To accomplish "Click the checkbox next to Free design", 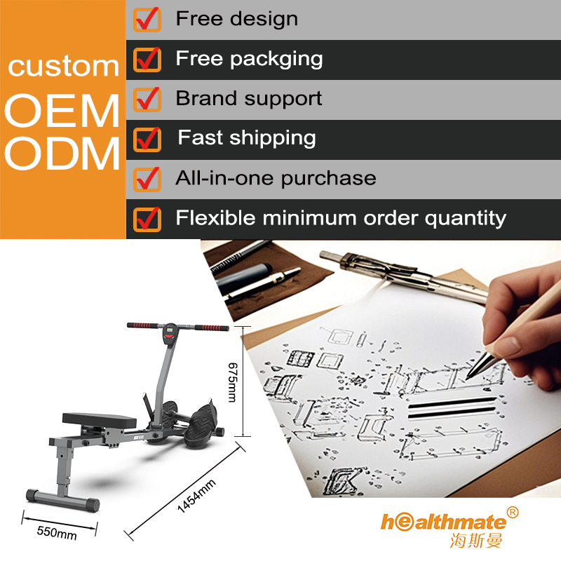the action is click(x=147, y=20).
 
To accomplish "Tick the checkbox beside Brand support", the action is click(x=147, y=99).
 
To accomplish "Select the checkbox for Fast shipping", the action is click(x=147, y=139).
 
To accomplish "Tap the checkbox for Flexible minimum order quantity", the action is click(x=147, y=219).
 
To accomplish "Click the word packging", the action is click(x=276, y=60).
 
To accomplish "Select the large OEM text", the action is click(x=62, y=111).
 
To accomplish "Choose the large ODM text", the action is click(x=62, y=154).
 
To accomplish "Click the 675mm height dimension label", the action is click(x=233, y=382).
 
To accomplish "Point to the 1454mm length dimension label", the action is click(x=196, y=496).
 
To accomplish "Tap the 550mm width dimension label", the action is click(x=57, y=533).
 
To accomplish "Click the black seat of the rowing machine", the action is click(x=99, y=420).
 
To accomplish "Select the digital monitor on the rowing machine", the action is click(x=169, y=334).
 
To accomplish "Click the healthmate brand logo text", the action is click(x=444, y=522).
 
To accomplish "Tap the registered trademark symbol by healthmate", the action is click(x=513, y=513).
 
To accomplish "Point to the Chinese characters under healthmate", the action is click(x=476, y=540).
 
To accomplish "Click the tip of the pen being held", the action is click(x=467, y=379).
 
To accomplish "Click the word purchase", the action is click(x=328, y=179).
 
